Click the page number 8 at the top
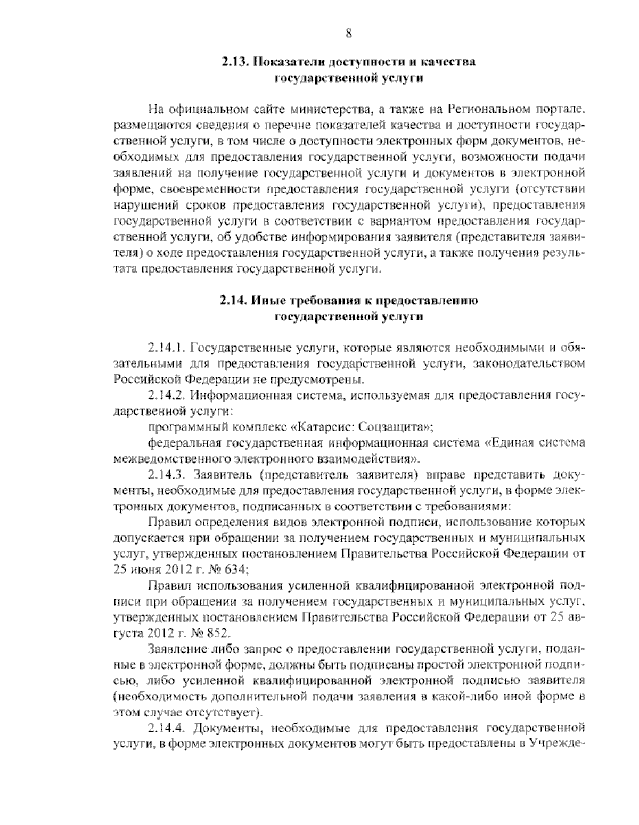tap(349, 34)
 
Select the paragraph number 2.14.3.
tap(166, 474)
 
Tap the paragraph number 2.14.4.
tap(166, 728)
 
